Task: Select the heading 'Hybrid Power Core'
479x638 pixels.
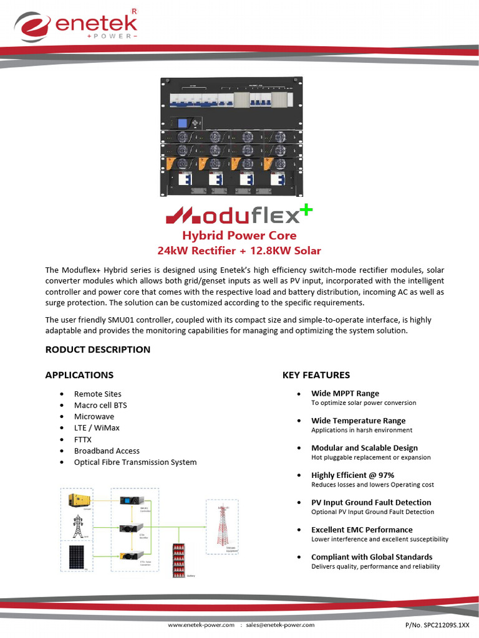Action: [x=239, y=236]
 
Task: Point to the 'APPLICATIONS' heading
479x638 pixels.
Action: [x=79, y=375]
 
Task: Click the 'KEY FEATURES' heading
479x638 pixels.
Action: [x=316, y=375]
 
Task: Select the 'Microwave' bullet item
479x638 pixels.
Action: [x=94, y=416]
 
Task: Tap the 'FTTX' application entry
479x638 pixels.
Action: [x=82, y=439]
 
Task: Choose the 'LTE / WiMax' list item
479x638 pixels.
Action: [x=97, y=428]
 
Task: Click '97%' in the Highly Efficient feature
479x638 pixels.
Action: [x=385, y=475]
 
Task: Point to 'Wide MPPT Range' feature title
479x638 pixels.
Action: [x=345, y=393]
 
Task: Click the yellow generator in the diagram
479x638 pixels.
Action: [x=79, y=500]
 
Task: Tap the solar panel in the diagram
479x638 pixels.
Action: [x=78, y=555]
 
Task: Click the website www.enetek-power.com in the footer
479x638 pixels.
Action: [x=201, y=624]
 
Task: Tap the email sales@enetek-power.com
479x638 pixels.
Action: [x=280, y=624]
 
